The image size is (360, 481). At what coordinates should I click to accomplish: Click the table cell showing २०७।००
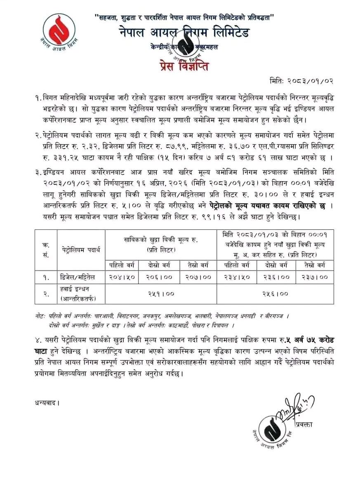click(x=198, y=278)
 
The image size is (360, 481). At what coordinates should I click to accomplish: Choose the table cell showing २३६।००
click(x=276, y=278)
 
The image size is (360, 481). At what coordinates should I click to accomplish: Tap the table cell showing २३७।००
click(x=314, y=278)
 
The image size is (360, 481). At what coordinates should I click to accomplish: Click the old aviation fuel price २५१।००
click(x=161, y=294)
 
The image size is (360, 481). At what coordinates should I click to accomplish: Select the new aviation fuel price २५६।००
click(x=275, y=294)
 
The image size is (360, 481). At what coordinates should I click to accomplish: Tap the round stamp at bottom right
click(x=269, y=430)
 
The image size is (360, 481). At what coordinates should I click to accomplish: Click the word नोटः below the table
click(x=41, y=316)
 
